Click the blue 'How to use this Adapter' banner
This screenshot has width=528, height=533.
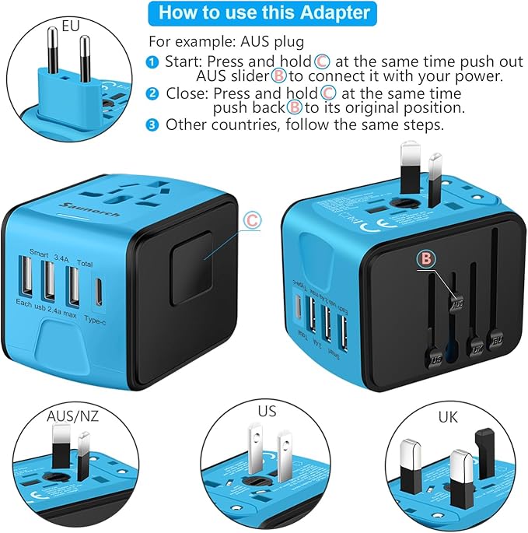pyautogui.click(x=264, y=13)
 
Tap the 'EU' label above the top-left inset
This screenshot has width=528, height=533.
pyautogui.click(x=72, y=26)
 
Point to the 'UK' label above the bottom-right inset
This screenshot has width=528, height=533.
pyautogui.click(x=447, y=416)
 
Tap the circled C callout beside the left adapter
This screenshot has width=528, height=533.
pyautogui.click(x=251, y=220)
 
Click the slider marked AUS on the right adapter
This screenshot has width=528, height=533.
pyautogui.click(x=456, y=303)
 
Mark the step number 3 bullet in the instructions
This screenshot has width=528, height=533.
pyautogui.click(x=152, y=124)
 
